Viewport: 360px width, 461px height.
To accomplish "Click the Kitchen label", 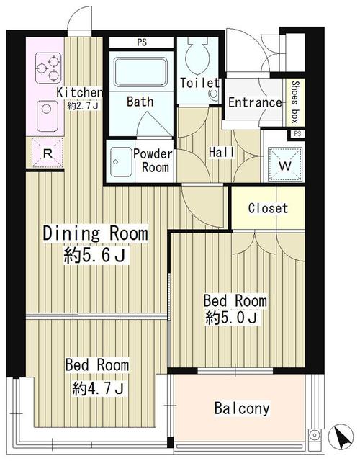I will [79, 92].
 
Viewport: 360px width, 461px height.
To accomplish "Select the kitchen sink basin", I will [47, 111].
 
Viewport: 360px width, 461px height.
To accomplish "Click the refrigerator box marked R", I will [46, 153].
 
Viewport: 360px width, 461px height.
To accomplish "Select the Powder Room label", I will [153, 161].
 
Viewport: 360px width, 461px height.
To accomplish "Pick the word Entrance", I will [255, 102].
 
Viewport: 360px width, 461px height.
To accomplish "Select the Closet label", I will [268, 209].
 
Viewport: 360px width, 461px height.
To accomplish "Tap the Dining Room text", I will [96, 233].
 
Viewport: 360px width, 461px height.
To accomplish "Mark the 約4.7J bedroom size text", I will [100, 390].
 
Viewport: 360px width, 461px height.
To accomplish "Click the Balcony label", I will [242, 409].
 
